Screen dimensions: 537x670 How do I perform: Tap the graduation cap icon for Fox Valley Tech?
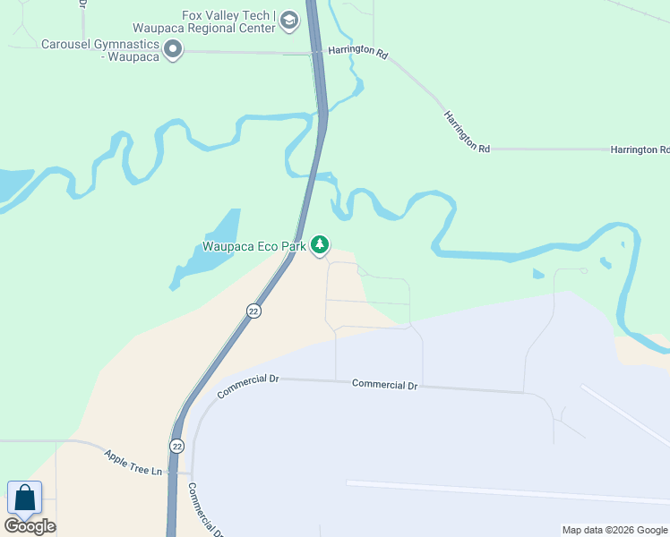point(289,20)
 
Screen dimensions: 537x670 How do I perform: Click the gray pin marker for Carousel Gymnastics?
point(174,50)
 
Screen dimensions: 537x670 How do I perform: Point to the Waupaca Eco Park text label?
point(253,246)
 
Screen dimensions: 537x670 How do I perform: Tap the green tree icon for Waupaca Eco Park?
point(320,245)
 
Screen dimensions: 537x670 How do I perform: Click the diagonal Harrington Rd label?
point(467,132)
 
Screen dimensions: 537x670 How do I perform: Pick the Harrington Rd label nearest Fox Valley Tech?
point(357,53)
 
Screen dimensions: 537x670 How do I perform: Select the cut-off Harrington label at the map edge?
point(640,150)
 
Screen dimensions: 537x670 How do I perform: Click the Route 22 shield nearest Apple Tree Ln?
point(176,445)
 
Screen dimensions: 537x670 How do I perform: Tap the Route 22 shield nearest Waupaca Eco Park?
point(253,311)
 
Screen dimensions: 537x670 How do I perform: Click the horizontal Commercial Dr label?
point(385,384)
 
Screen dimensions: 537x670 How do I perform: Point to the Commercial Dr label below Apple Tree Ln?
point(204,510)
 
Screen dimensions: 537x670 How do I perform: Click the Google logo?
point(30,526)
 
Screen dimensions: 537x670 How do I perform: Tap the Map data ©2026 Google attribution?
point(614,530)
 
